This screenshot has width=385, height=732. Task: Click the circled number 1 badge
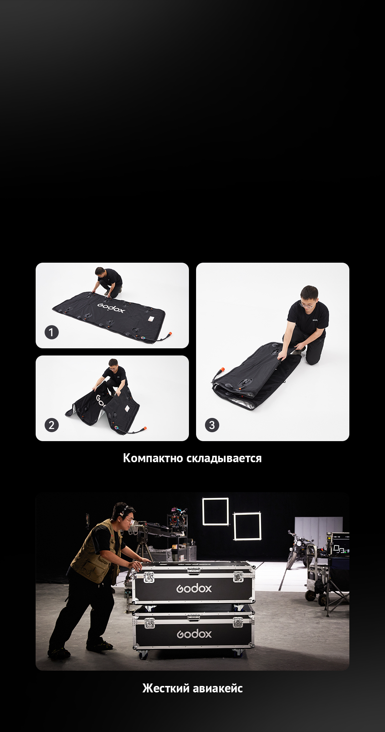click(x=51, y=332)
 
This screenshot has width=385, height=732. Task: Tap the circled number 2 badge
click(x=51, y=425)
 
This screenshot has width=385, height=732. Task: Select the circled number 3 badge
click(x=212, y=425)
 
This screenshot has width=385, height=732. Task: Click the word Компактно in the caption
click(x=153, y=458)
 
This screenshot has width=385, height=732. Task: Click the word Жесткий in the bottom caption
click(x=166, y=688)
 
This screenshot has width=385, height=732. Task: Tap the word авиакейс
click(x=218, y=688)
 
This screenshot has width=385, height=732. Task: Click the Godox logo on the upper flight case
click(x=194, y=588)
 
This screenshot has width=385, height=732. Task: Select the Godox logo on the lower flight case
click(x=194, y=634)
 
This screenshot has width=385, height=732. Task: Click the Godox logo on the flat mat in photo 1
click(x=111, y=308)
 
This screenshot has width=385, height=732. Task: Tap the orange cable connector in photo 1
click(x=169, y=334)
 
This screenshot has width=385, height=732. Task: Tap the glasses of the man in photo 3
click(x=307, y=305)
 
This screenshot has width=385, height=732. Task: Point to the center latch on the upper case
click(x=194, y=571)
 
